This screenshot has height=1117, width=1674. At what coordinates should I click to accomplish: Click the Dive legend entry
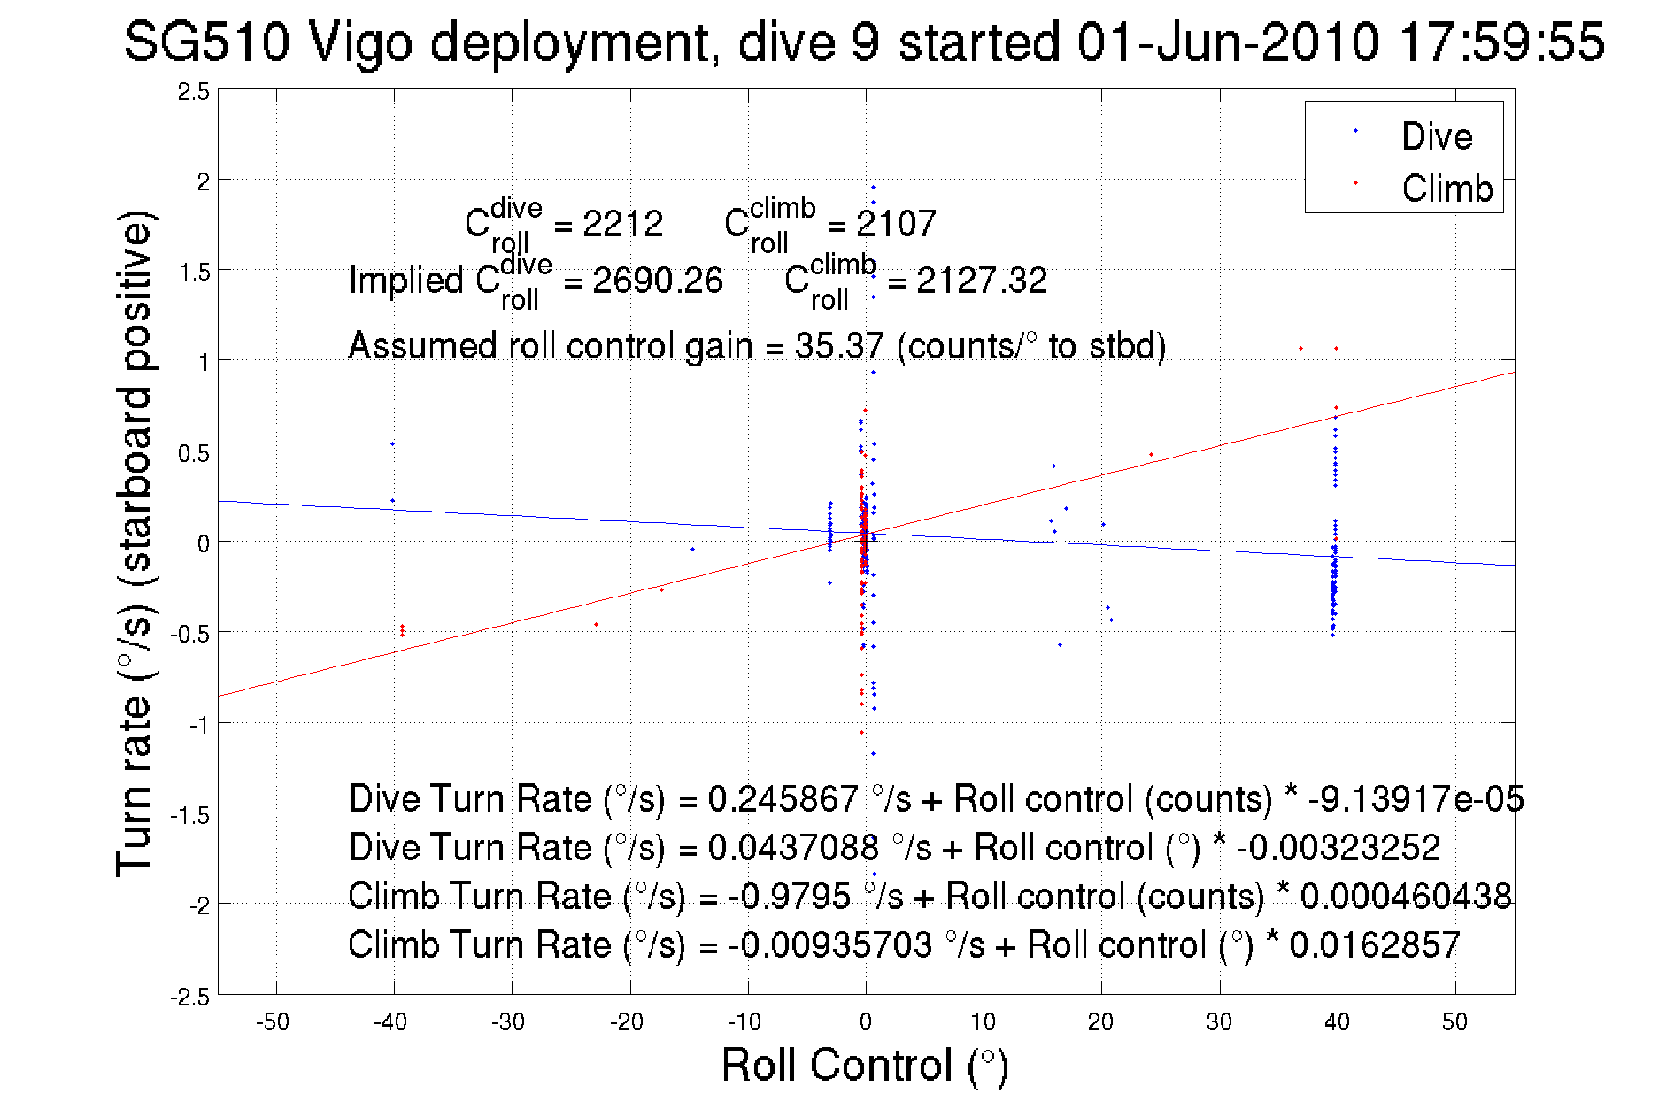(1435, 136)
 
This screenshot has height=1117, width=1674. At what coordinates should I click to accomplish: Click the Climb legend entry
(1446, 189)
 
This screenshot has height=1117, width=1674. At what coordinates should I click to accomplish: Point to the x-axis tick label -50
(273, 1022)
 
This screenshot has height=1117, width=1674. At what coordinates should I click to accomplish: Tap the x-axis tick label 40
(1337, 1022)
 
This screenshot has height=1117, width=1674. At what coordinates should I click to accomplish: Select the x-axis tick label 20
(1100, 1022)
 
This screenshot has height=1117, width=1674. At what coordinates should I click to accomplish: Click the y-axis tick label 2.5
(194, 92)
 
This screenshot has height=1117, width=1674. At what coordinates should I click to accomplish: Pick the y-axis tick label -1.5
(190, 815)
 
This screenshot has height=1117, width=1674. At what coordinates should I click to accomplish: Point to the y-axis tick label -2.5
(190, 998)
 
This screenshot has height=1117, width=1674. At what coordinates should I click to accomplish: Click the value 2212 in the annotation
(622, 224)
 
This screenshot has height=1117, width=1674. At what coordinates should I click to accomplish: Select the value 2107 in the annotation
(896, 224)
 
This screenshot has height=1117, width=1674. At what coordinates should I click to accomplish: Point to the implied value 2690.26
(657, 281)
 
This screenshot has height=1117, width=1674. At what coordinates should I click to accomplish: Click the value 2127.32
(981, 281)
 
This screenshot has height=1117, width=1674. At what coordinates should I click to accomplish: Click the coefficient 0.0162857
(1374, 944)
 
